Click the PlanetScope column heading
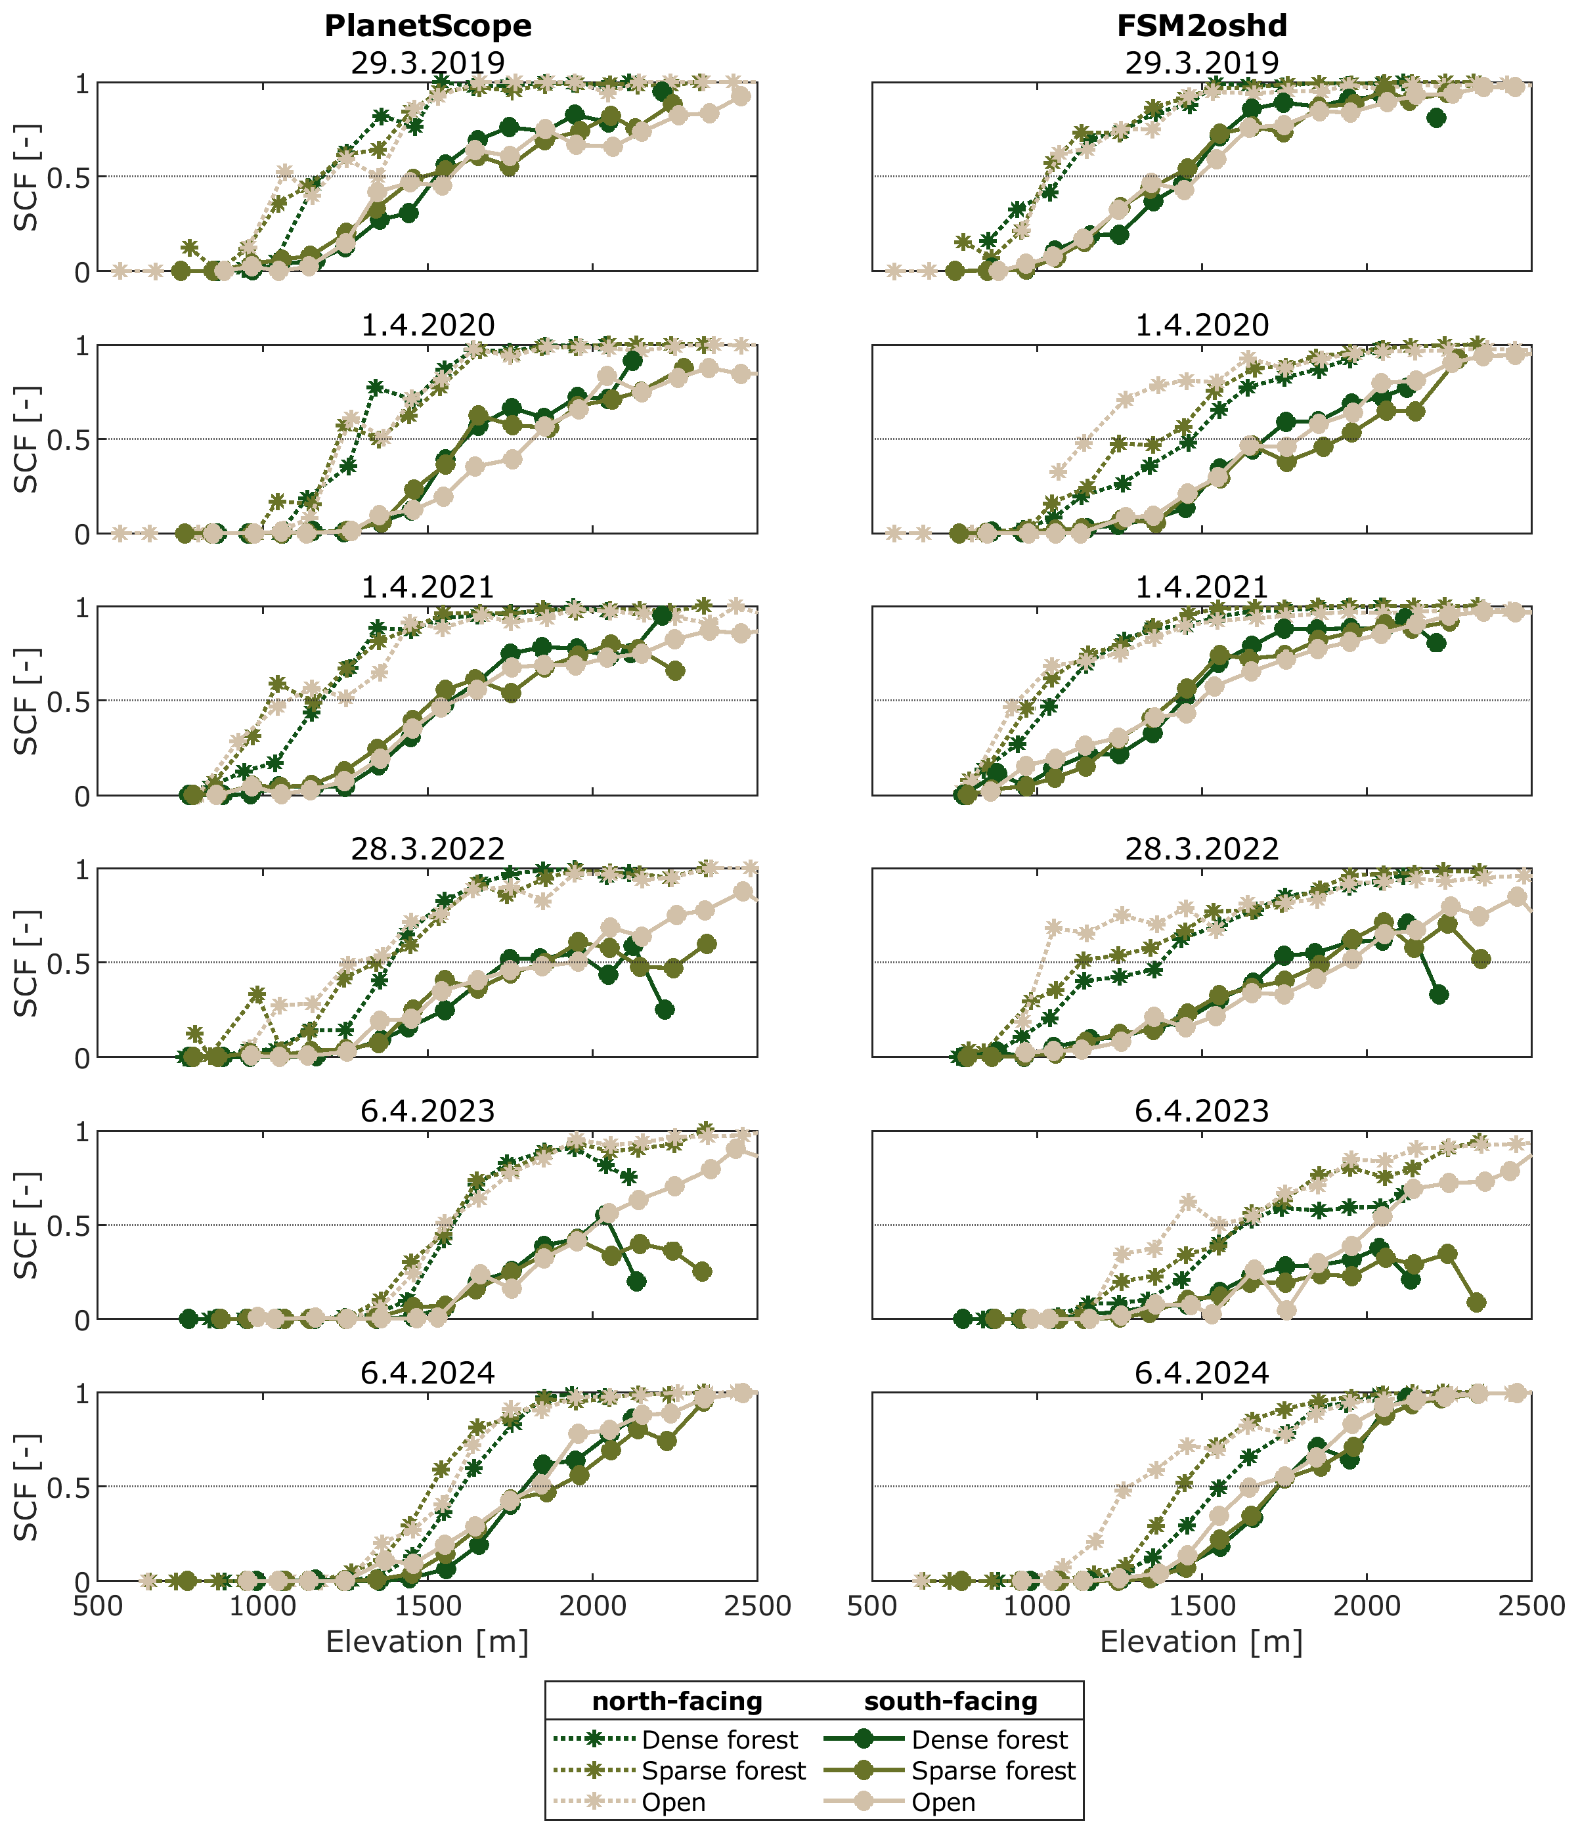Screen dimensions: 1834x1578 [x=427, y=26]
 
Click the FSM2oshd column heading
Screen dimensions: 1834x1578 [x=1202, y=26]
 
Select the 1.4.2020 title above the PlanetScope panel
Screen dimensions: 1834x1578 [x=427, y=326]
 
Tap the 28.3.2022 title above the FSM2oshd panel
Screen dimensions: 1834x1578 [x=1202, y=850]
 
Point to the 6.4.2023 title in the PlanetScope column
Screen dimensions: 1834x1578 [x=427, y=1111]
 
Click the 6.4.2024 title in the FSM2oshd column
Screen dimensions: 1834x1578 [x=1202, y=1373]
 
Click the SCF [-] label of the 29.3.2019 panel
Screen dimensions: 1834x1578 [x=26, y=177]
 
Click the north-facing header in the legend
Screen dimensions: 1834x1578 [x=677, y=1701]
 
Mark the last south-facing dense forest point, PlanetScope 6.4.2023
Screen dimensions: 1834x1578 [x=636, y=1282]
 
